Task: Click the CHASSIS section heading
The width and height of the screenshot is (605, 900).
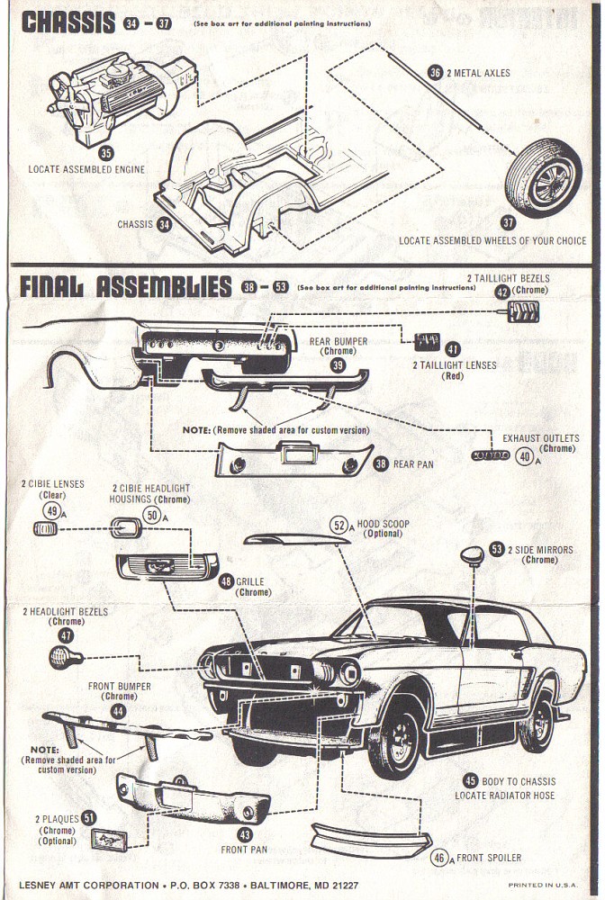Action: point(68,22)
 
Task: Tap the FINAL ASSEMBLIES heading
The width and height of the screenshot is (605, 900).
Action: point(125,287)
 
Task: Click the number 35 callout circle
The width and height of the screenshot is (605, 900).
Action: point(106,153)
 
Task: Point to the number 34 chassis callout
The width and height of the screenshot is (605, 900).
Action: point(163,224)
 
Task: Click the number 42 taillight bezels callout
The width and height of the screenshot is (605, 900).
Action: point(501,291)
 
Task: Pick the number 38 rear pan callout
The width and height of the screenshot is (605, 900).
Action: point(381,464)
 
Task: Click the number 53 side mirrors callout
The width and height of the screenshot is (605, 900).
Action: point(497,548)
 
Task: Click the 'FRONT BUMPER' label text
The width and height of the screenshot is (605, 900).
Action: point(119,686)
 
